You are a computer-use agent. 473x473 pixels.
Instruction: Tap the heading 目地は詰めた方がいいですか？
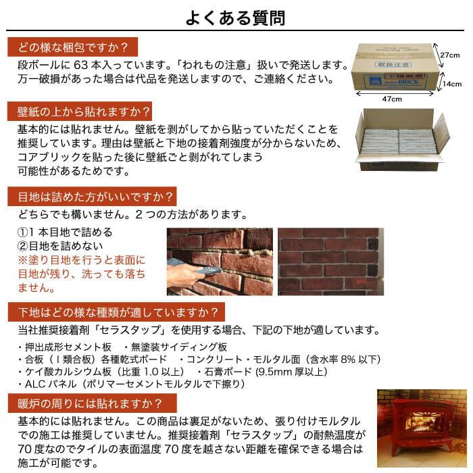coord(92,197)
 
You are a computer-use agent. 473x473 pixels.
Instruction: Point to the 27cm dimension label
coord(451,55)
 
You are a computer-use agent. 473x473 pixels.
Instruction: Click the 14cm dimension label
coord(452,84)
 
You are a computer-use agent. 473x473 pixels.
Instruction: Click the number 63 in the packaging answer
coord(86,66)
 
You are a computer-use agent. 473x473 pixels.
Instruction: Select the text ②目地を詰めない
coord(61,246)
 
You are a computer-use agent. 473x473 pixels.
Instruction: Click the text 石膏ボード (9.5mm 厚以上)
coord(267,372)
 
